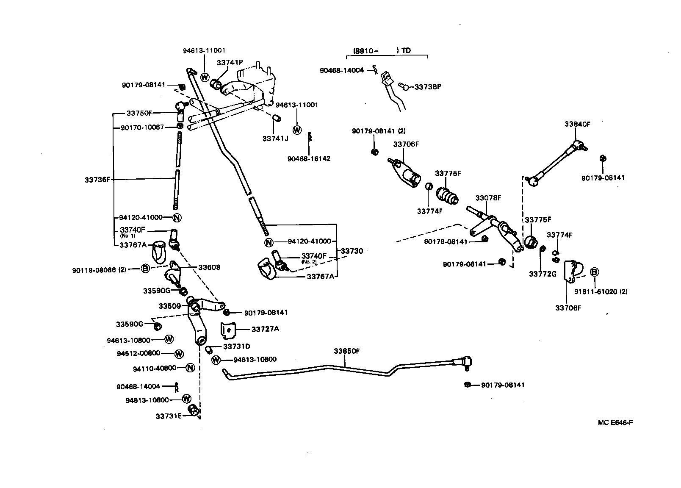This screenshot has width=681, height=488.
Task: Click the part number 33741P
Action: (230, 62)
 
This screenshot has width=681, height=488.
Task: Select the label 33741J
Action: (275, 138)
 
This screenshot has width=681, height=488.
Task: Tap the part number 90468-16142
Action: (309, 159)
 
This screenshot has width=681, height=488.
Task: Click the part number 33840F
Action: (577, 124)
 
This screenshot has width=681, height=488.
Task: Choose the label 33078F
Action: (488, 198)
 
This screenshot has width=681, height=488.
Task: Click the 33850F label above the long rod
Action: (346, 351)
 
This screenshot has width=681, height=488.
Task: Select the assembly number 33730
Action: (352, 251)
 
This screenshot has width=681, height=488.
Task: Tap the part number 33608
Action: (210, 267)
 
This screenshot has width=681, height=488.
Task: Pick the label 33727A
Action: (265, 329)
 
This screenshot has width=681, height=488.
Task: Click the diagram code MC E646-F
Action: (615, 422)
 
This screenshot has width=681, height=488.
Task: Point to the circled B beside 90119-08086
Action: (145, 268)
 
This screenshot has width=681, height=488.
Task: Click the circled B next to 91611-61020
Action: (594, 272)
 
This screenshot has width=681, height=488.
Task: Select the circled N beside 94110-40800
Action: (190, 368)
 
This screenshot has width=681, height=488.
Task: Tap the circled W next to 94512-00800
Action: (179, 353)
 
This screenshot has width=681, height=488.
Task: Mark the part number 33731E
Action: (169, 416)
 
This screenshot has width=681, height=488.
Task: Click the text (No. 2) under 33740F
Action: (309, 262)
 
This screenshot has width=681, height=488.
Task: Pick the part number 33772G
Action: (542, 274)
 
